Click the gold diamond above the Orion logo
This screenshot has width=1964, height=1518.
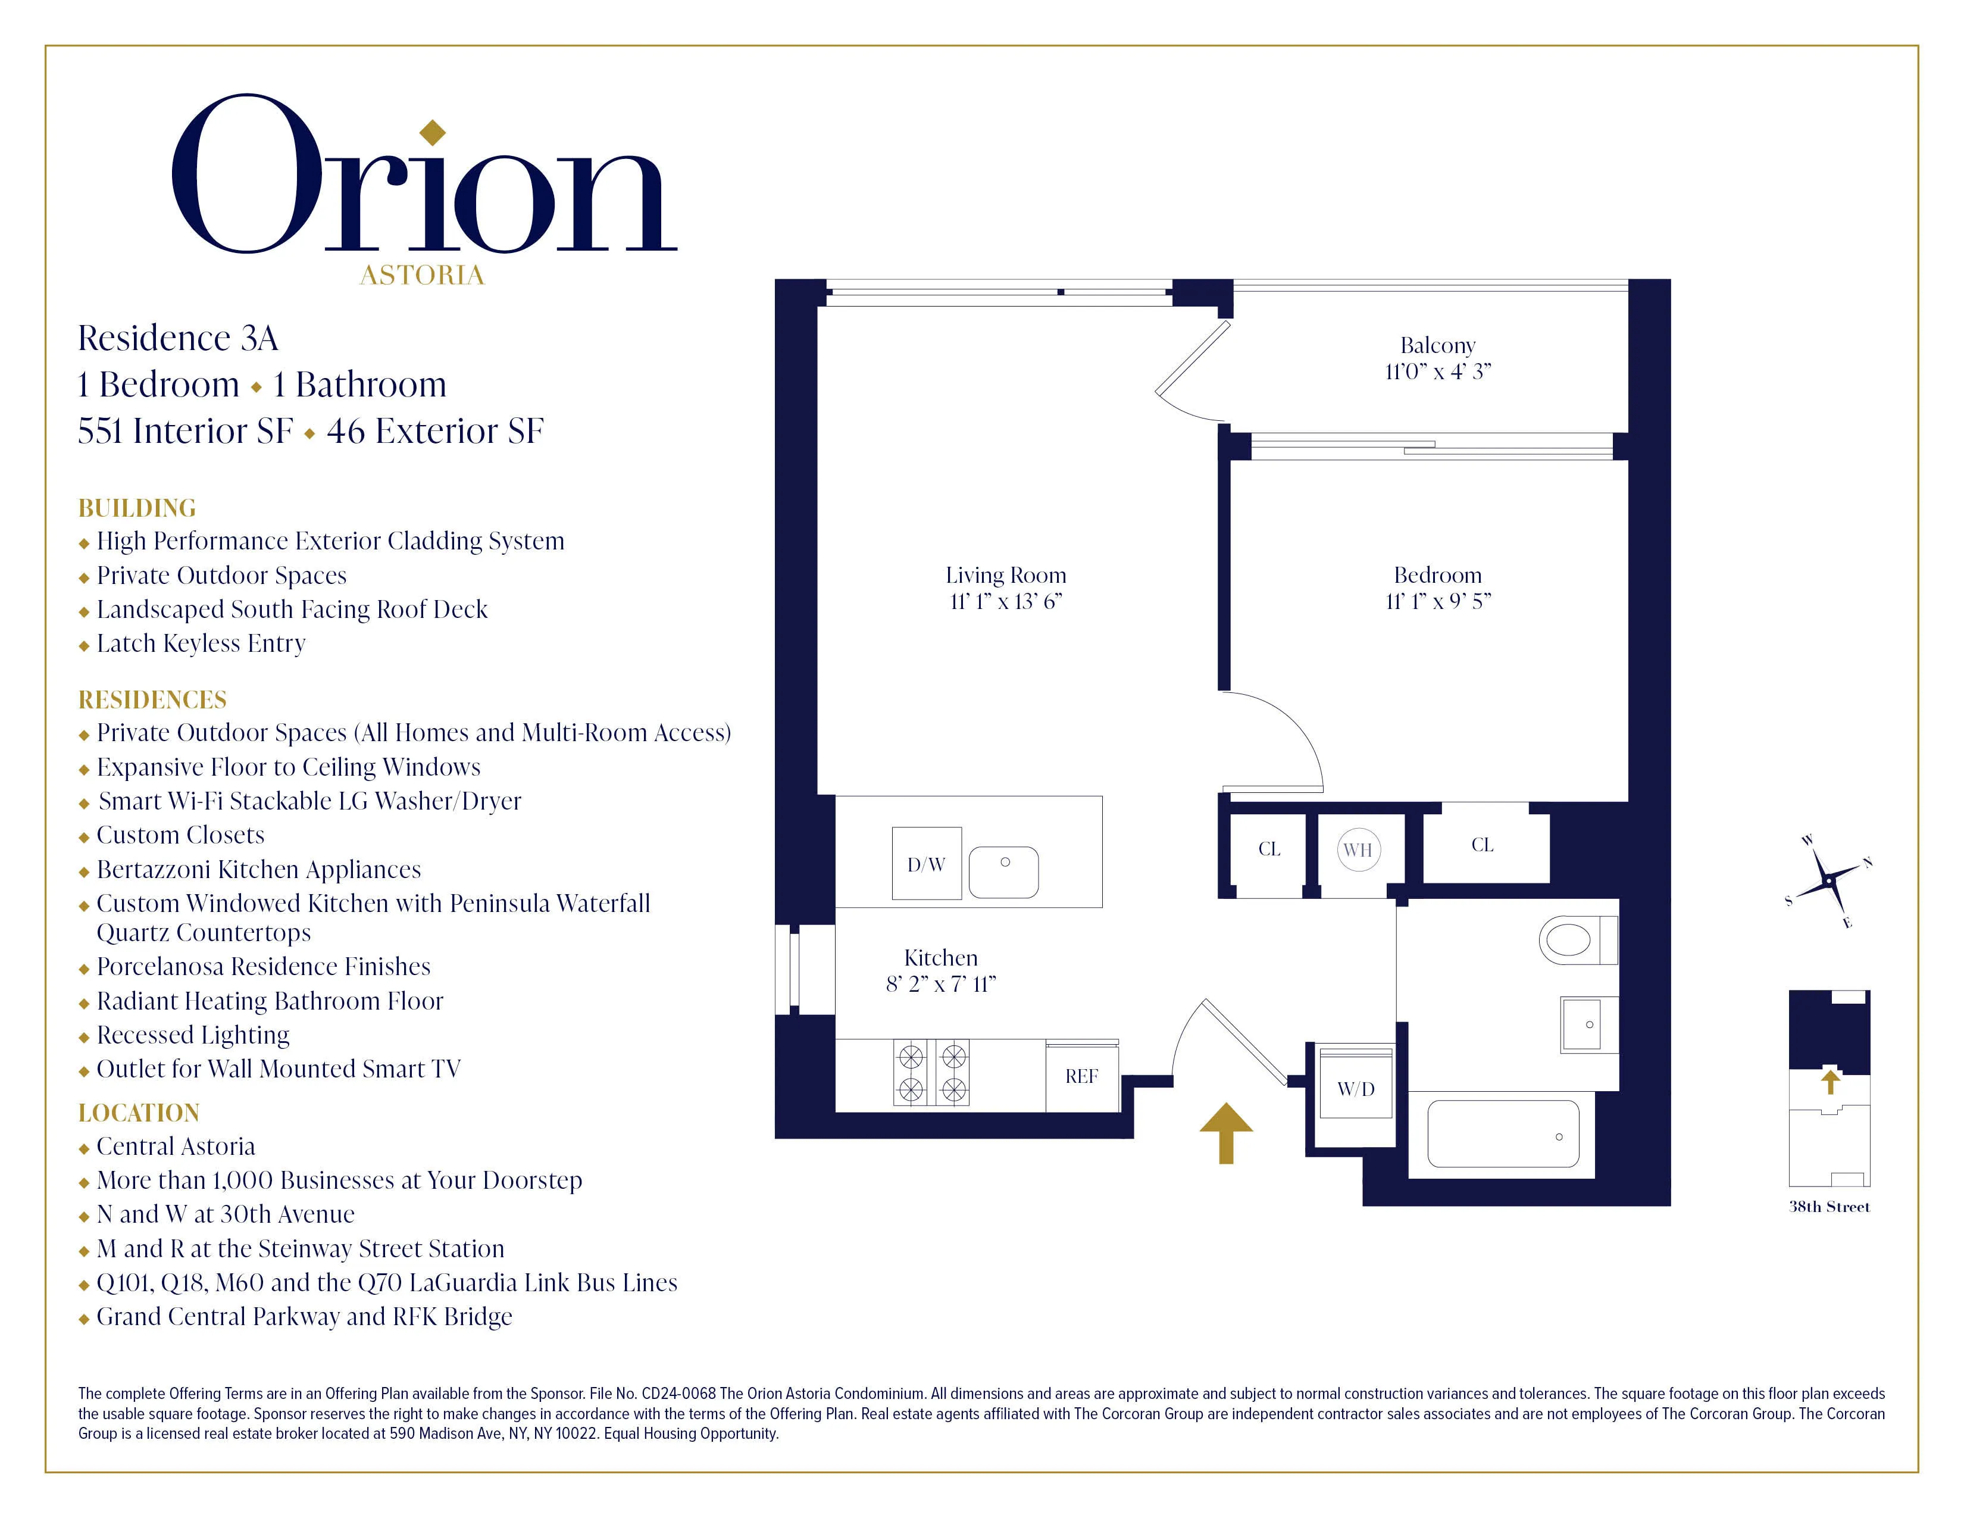point(433,132)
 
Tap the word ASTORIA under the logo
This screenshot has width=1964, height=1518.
point(422,275)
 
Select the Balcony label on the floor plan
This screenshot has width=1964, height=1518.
point(1437,345)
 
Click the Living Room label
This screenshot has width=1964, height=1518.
point(1005,576)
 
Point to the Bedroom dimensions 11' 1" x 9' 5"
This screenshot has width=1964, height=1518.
point(1437,602)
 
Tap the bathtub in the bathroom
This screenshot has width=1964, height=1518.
point(1503,1134)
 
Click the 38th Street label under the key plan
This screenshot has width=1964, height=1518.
point(1829,1207)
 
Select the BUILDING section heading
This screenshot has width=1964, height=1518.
point(137,508)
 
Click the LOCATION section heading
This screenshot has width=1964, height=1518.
point(139,1113)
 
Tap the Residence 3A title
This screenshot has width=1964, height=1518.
point(178,338)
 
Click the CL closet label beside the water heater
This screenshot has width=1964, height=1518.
point(1269,849)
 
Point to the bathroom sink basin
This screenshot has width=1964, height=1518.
point(1588,1025)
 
